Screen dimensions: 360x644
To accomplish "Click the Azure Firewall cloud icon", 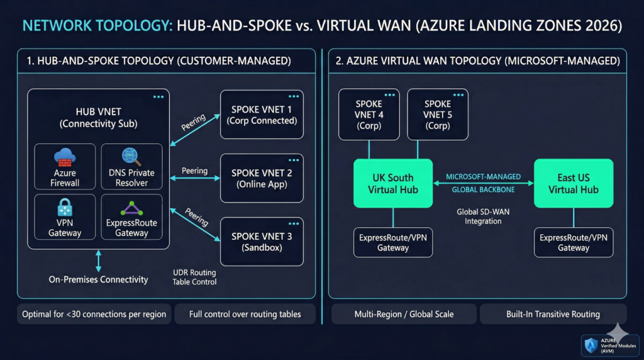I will coord(65,157).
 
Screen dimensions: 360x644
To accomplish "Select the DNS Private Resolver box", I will coord(131,167).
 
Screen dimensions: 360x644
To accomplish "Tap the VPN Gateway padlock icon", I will coord(65,206).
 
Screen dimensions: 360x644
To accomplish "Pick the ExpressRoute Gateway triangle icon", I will coord(131,208).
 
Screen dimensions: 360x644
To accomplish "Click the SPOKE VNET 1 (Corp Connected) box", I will coord(262,115).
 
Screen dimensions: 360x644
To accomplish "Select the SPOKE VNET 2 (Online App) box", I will coord(262,178).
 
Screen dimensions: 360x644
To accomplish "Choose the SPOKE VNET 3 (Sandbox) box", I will coord(262,241).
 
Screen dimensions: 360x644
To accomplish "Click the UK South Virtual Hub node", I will coord(392,183).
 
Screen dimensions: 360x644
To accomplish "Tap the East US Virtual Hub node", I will coord(573,183).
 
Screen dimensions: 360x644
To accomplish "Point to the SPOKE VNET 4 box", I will coord(369,114).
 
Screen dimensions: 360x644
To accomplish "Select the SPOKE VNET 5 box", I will coord(438,114).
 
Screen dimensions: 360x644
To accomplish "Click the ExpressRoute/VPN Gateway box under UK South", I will coord(392,242).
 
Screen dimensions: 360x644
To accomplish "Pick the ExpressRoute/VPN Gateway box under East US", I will coord(573,242).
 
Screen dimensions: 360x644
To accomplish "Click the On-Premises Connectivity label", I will coord(98,279).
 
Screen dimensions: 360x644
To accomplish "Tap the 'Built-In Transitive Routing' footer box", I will coord(553,314).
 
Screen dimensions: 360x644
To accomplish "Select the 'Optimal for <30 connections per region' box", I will coord(94,314).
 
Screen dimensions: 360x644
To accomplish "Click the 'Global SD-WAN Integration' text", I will coord(484,217).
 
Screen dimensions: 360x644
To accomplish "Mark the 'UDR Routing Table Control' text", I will coord(194,277).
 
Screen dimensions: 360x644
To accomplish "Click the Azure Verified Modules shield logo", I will coord(591,345).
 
